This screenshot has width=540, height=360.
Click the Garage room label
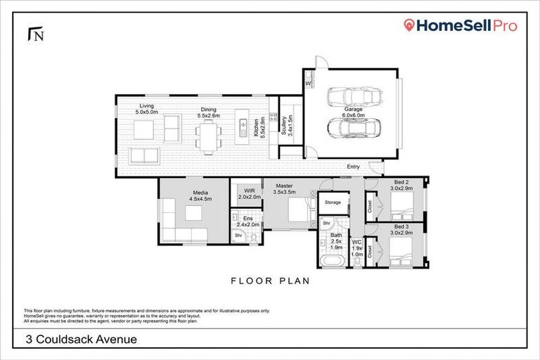click(x=353, y=112)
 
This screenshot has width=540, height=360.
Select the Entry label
click(x=353, y=167)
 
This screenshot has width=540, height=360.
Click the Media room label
click(x=200, y=195)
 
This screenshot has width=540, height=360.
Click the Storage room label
click(x=333, y=202)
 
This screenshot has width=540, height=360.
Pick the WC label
click(x=356, y=245)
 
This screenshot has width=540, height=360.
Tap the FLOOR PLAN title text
click(x=271, y=281)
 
